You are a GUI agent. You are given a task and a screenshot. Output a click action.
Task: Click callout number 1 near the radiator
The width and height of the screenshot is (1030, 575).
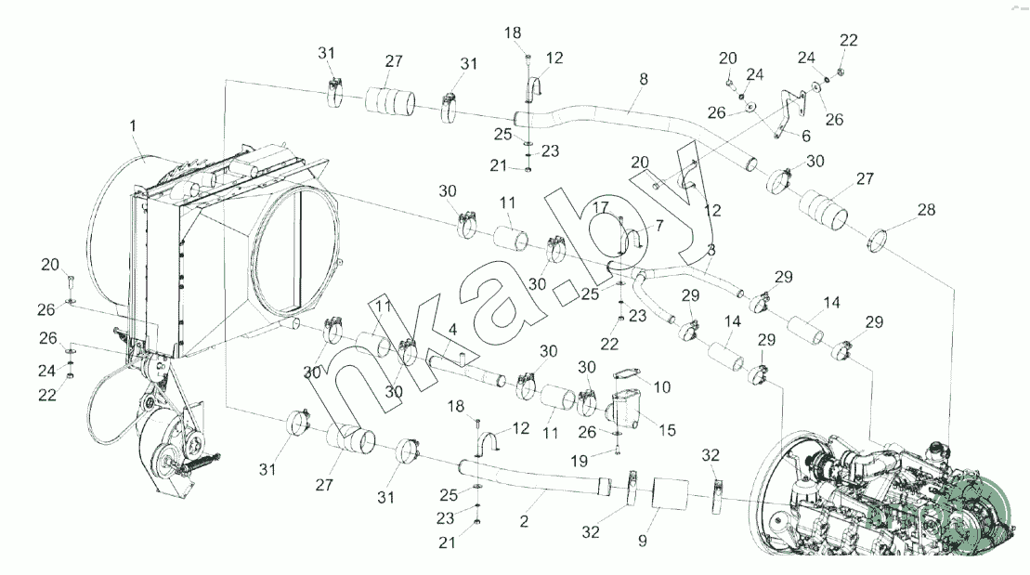click(133, 124)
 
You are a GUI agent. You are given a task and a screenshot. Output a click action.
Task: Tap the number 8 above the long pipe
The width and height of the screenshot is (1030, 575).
click(643, 81)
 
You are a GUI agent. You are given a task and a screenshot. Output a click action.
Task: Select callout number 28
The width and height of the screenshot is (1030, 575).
click(926, 211)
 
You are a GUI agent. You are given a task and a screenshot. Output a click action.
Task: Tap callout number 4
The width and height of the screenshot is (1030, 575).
click(452, 329)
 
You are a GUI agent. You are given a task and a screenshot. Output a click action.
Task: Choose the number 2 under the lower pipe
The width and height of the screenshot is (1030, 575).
click(524, 522)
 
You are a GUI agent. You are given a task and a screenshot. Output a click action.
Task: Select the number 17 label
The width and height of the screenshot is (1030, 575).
click(601, 206)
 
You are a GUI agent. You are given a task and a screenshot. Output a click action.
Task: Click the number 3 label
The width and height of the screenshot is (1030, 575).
click(711, 250)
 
